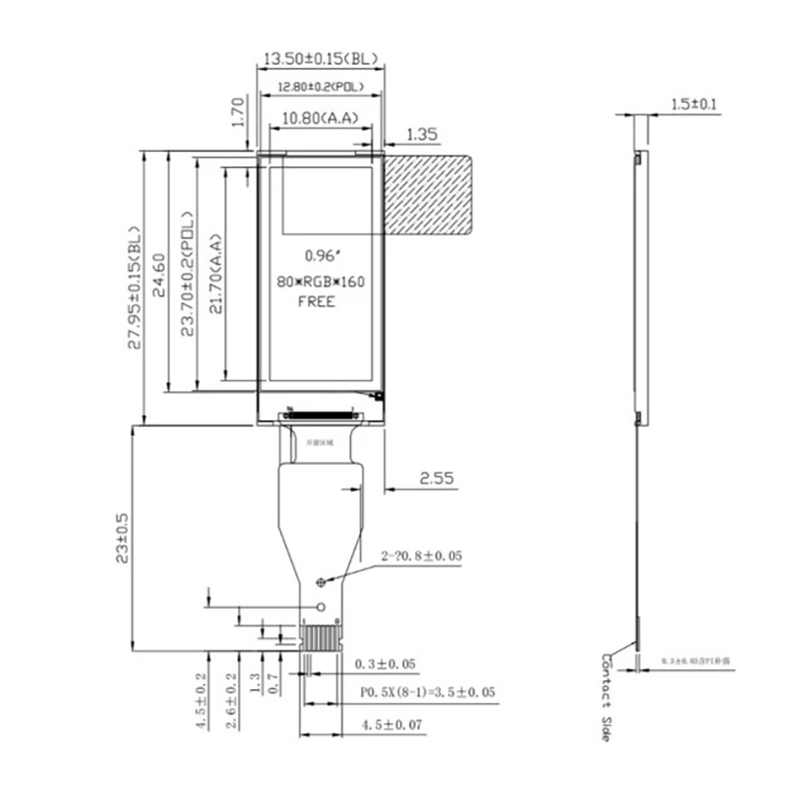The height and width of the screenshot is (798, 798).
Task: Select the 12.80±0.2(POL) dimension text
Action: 319,88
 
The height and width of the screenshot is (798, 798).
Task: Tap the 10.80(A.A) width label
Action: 319,119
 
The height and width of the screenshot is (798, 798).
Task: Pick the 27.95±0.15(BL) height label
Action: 136,288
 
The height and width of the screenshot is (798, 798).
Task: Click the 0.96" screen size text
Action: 318,256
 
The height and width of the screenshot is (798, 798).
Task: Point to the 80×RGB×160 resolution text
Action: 320,281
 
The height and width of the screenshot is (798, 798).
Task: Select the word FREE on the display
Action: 317,301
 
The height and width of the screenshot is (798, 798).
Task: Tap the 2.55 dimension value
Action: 436,479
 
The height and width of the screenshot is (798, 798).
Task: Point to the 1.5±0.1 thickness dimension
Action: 694,104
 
